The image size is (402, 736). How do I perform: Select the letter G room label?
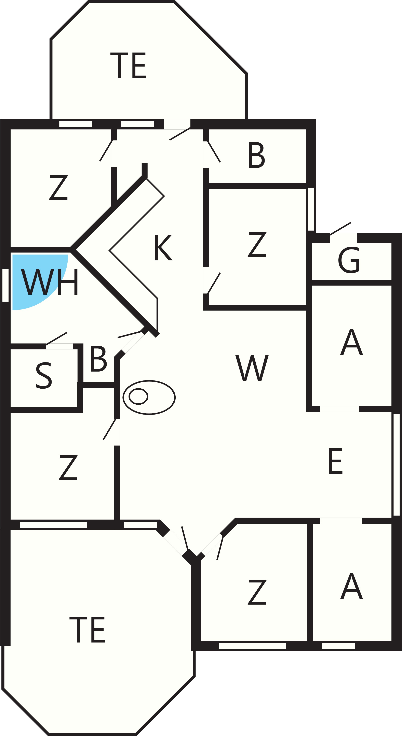coord(349,260)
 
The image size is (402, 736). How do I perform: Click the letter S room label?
coord(44,375)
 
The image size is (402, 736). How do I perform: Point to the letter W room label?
coord(252,368)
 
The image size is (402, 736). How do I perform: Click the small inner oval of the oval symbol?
coord(138,396)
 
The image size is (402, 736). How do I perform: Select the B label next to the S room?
coord(98,358)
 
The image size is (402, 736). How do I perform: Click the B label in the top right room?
coord(257,155)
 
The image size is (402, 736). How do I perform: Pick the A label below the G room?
coord(351,342)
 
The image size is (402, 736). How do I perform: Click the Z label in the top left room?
coord(58,187)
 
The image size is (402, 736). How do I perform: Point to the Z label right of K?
coord(257,244)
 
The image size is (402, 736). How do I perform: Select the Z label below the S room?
coord(68,467)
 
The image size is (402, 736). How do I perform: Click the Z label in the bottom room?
coord(257,592)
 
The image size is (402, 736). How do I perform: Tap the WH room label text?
coord(49,282)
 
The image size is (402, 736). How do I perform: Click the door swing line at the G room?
coord(340,229)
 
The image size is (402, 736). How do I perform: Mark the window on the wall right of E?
coord(397,465)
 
